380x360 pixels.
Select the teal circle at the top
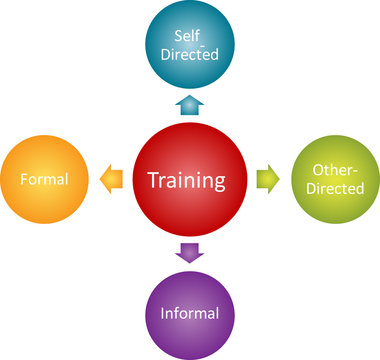189,45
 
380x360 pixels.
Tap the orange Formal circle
43,180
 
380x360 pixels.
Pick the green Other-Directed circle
335,180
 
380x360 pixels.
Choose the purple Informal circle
189,312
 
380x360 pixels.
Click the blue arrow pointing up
189,104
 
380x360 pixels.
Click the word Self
188,35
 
